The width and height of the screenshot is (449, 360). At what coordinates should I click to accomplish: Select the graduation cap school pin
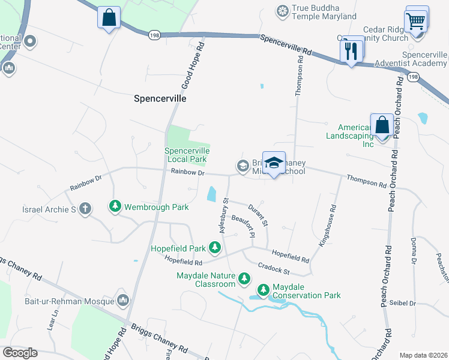pyautogui.click(x=274, y=163)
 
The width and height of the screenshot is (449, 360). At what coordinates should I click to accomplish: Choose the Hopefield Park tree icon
pyautogui.click(x=214, y=247)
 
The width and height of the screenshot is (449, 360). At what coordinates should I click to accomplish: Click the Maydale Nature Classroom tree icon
pyautogui.click(x=244, y=278)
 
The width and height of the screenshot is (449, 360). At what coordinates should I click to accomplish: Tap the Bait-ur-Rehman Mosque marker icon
pyautogui.click(x=123, y=299)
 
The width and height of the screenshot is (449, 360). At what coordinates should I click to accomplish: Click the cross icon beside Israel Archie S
pyautogui.click(x=85, y=209)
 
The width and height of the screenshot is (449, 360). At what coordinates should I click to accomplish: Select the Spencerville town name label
pyautogui.click(x=160, y=98)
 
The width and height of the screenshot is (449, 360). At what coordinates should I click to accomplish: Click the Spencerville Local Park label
pyautogui.click(x=186, y=155)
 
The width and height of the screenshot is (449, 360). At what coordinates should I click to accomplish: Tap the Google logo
pyautogui.click(x=20, y=353)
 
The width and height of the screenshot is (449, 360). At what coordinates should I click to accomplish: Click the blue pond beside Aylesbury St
pyautogui.click(x=211, y=194)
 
